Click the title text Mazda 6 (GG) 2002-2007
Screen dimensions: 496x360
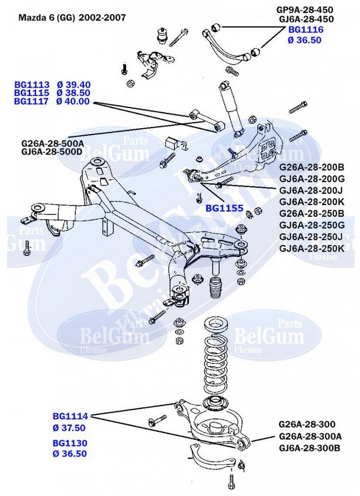72,18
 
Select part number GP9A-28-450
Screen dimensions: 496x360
305,9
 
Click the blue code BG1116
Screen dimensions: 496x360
305,29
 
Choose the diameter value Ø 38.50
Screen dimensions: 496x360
73,93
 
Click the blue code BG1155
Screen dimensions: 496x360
224,207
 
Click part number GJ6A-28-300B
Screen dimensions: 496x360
309,447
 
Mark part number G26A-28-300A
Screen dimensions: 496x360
309,436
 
